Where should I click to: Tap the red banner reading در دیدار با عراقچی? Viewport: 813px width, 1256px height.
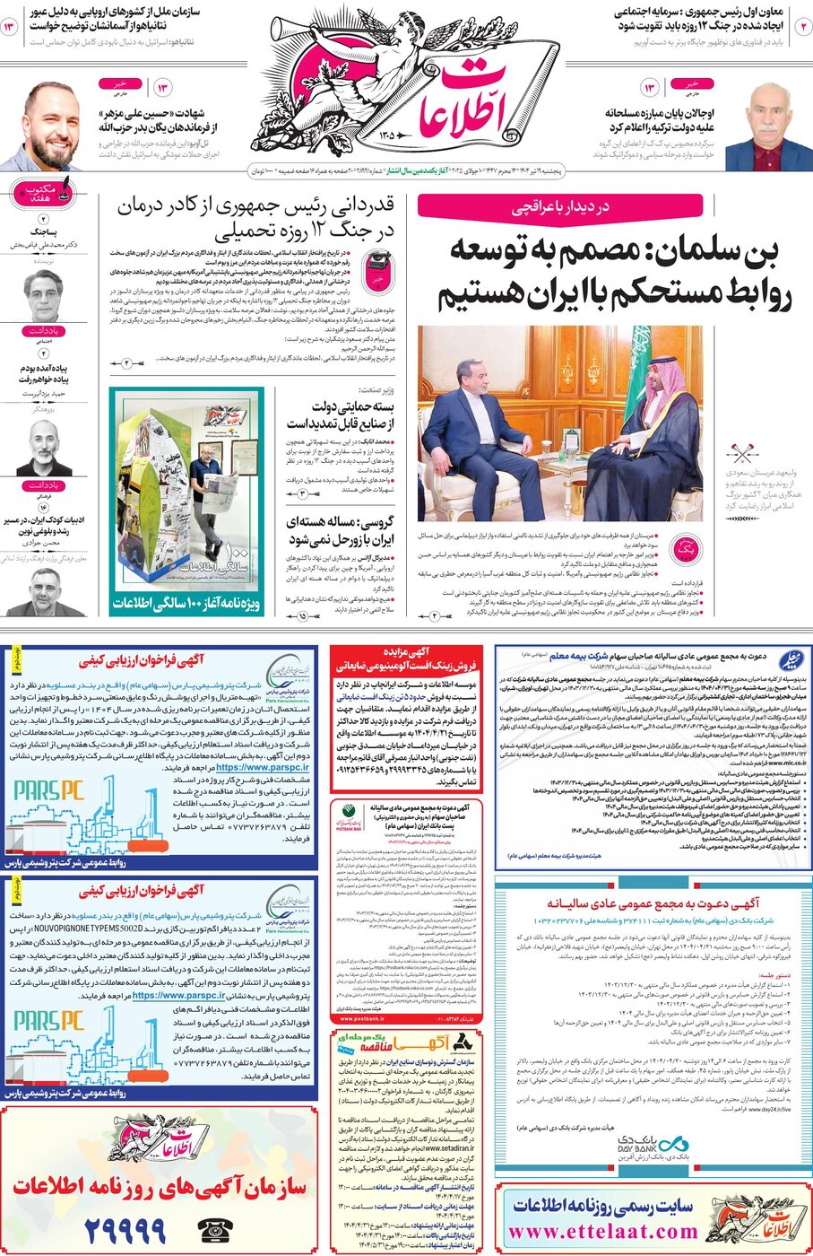pos(560,207)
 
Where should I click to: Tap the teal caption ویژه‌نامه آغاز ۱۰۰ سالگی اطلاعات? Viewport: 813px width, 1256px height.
pos(186,604)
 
